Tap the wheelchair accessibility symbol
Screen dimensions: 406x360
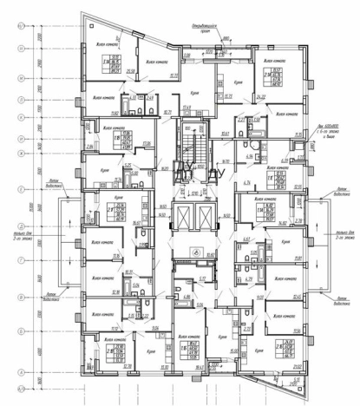[197, 253]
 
